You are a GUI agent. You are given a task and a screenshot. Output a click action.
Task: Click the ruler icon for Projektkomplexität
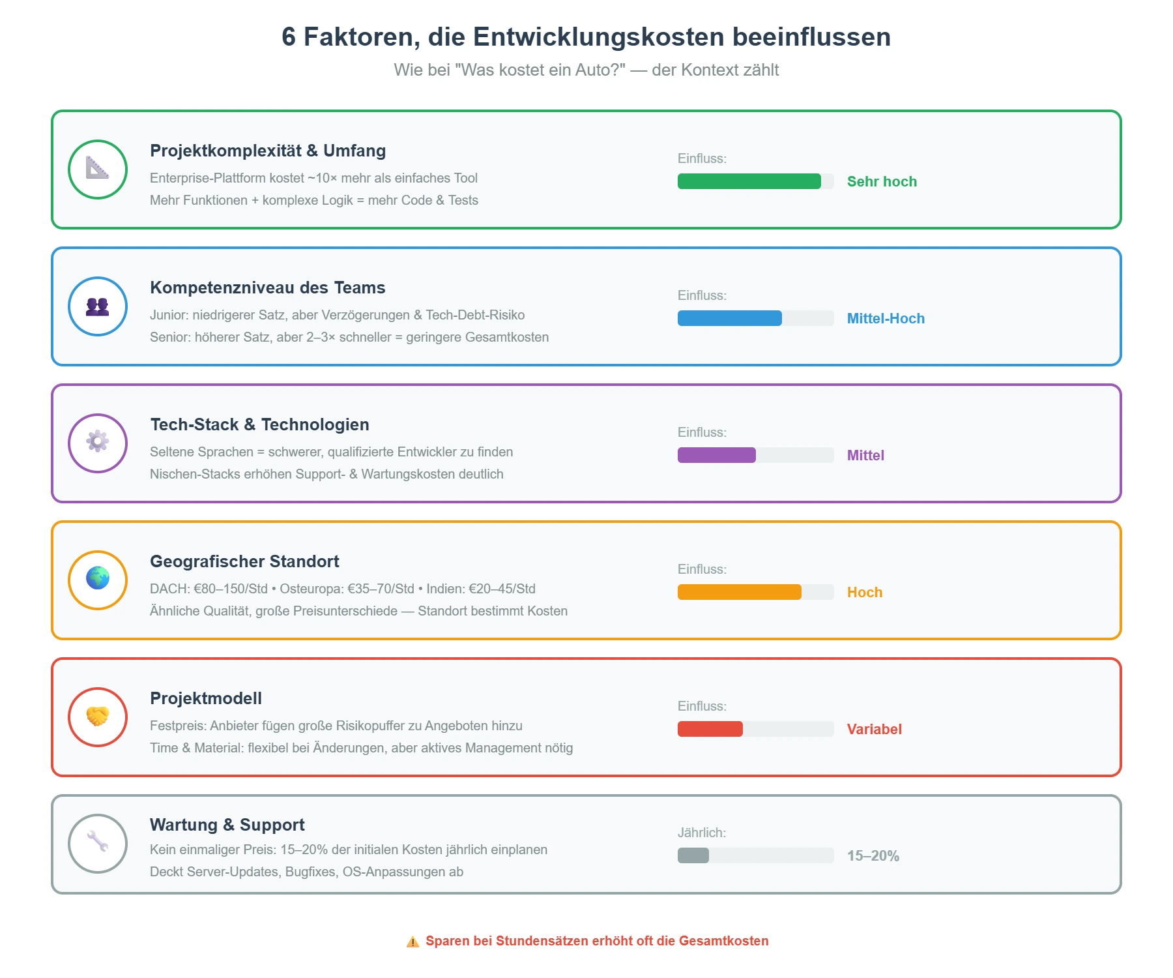[x=98, y=170]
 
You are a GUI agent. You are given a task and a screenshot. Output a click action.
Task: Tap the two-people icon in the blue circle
[x=98, y=306]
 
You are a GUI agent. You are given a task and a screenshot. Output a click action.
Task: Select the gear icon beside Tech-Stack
[x=98, y=442]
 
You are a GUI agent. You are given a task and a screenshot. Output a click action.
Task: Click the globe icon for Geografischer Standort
[x=98, y=578]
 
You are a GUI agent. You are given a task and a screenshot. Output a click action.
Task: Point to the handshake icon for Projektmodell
[x=98, y=717]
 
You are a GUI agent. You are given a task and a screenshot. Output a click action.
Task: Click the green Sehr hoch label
[x=882, y=182]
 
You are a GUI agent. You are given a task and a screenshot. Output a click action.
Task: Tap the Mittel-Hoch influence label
[x=886, y=319]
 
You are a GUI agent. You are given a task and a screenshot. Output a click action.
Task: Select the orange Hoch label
[x=865, y=593]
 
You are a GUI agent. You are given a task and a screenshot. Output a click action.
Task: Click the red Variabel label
[x=874, y=730]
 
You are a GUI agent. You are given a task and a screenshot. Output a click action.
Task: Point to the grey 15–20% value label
[x=873, y=856]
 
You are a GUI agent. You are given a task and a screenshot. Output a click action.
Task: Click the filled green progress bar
[x=749, y=181]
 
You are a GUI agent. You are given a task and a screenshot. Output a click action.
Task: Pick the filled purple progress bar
[x=716, y=455]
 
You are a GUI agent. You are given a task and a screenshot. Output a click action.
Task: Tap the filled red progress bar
[x=710, y=729]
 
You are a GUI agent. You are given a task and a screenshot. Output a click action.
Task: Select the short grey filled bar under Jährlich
[x=693, y=855]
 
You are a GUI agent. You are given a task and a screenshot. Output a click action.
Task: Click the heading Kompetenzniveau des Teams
[x=267, y=288]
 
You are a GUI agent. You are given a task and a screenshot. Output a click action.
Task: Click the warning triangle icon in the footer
[x=413, y=941]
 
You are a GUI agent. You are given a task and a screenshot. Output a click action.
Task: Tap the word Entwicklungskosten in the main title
[x=598, y=37]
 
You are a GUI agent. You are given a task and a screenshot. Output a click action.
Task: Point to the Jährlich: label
[x=701, y=833]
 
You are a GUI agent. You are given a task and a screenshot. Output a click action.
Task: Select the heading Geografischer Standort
[x=244, y=561]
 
